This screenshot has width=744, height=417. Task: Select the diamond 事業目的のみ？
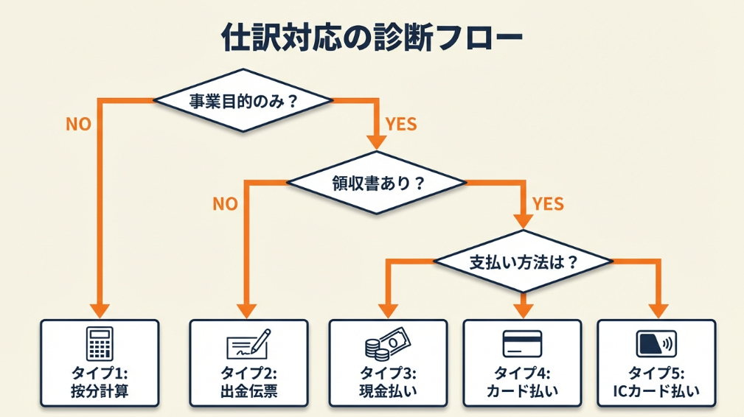243,101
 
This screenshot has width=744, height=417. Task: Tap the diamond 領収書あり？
377,183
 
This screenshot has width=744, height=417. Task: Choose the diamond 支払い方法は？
523,262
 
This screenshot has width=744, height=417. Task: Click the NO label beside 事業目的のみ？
79,125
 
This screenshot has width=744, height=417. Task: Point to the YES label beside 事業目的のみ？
401,125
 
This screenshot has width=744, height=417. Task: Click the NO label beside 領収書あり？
226,204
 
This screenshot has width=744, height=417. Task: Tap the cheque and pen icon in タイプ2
248,343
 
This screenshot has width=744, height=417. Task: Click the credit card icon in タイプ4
522,343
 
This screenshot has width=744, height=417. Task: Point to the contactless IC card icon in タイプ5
656,343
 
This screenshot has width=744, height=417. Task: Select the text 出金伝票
248,391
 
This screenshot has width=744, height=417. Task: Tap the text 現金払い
388,391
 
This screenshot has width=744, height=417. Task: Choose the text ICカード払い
656,391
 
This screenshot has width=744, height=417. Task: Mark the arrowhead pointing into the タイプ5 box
656,310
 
